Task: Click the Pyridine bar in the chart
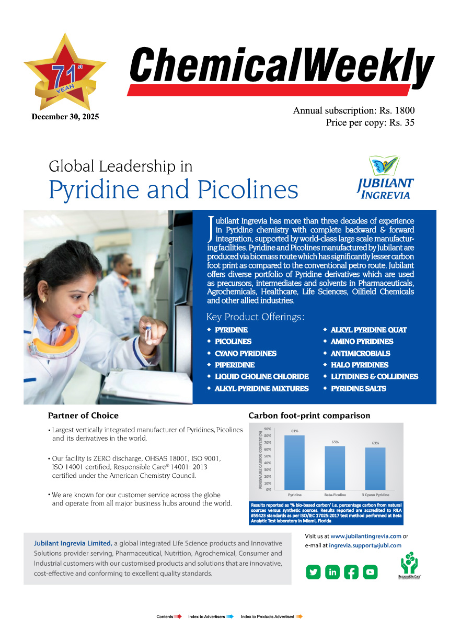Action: [x=295, y=463]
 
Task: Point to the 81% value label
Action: [x=295, y=431]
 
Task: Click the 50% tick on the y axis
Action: [x=267, y=456]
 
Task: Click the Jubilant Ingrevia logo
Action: [x=385, y=178]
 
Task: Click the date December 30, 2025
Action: [x=65, y=117]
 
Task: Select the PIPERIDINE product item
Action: [x=235, y=365]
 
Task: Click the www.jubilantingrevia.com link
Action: [x=366, y=536]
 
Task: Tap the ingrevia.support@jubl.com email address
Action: [x=365, y=545]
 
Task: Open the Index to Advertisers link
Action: [x=207, y=617]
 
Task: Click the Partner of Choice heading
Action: [x=83, y=416]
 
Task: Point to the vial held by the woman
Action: [x=149, y=333]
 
